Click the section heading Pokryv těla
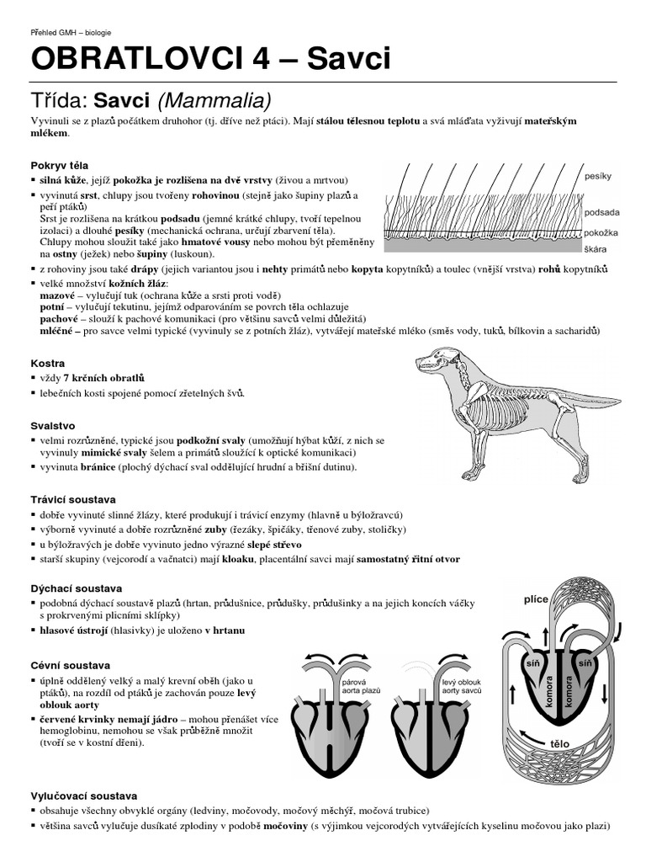pyautogui.click(x=59, y=165)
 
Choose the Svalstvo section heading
pyautogui.click(x=53, y=426)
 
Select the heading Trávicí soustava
pyautogui.click(x=73, y=499)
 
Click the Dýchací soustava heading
pyautogui.click(x=77, y=588)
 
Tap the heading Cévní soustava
pyautogui.click(x=70, y=665)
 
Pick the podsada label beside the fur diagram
pyautogui.click(x=601, y=214)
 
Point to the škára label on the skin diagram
pyautogui.click(x=596, y=250)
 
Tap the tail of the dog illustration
pyautogui.click(x=589, y=396)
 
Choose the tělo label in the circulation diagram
pyautogui.click(x=559, y=744)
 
